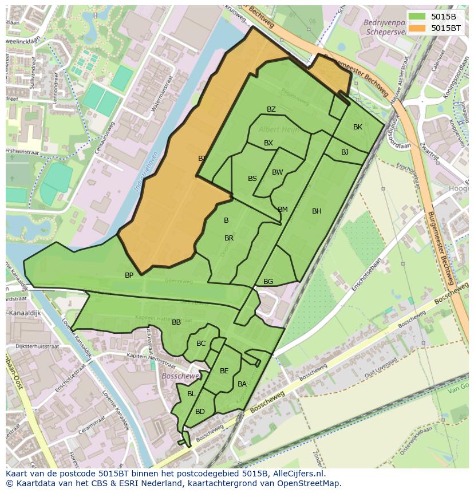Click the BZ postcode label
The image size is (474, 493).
[x=271, y=109]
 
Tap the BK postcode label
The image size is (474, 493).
[x=358, y=127]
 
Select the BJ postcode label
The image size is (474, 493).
[x=345, y=152]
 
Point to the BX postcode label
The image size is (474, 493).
[x=268, y=143]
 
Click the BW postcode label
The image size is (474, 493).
[x=278, y=172]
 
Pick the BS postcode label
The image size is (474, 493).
[x=252, y=179]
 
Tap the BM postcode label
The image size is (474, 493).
[x=283, y=210]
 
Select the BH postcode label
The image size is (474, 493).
[x=317, y=211]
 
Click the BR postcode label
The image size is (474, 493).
[x=229, y=238]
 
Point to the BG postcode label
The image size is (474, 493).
[x=268, y=282]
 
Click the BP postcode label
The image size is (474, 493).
[x=129, y=275]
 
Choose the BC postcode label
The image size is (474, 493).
[x=201, y=344]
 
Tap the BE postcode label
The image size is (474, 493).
[x=224, y=371]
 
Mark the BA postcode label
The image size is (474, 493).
[x=242, y=384]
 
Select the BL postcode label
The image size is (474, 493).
[x=191, y=394]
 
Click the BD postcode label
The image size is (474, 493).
[x=200, y=412]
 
